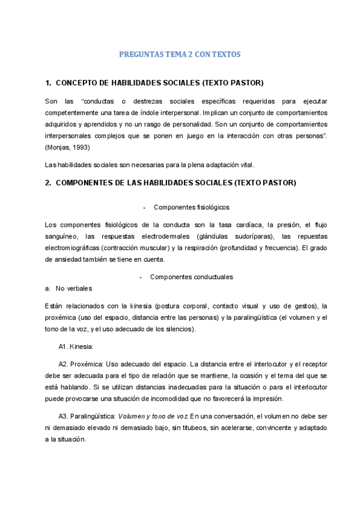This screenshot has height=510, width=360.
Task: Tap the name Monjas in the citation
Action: [x=59, y=147]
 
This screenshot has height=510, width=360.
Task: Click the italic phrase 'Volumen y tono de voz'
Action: [x=153, y=416]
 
